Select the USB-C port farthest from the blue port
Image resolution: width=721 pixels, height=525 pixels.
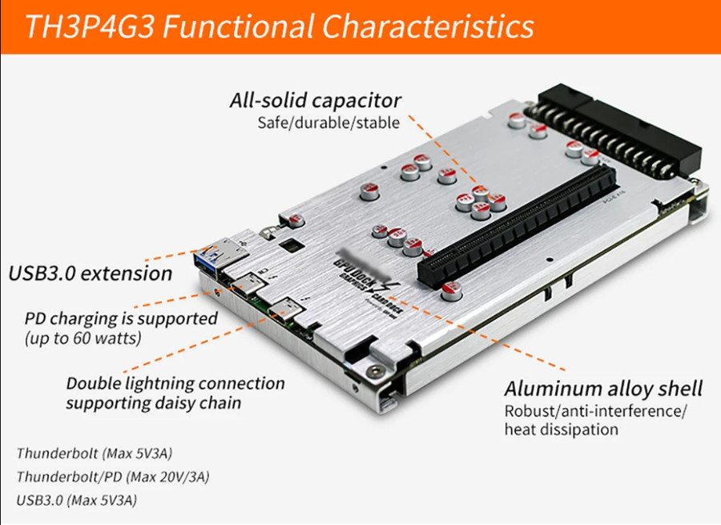pos(286,313)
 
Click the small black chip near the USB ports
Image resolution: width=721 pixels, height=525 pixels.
pos(293,244)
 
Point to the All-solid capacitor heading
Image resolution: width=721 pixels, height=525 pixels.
pos(315,101)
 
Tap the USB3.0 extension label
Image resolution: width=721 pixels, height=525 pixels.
pos(90,273)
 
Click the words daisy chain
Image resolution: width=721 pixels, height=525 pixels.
pos(203,402)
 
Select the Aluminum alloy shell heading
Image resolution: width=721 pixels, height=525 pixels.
pos(602,390)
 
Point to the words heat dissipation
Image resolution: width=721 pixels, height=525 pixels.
pos(561,430)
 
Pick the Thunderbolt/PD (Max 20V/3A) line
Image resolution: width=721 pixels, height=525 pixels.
pos(112,477)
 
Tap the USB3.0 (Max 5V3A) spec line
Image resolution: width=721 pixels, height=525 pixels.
pos(77,501)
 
